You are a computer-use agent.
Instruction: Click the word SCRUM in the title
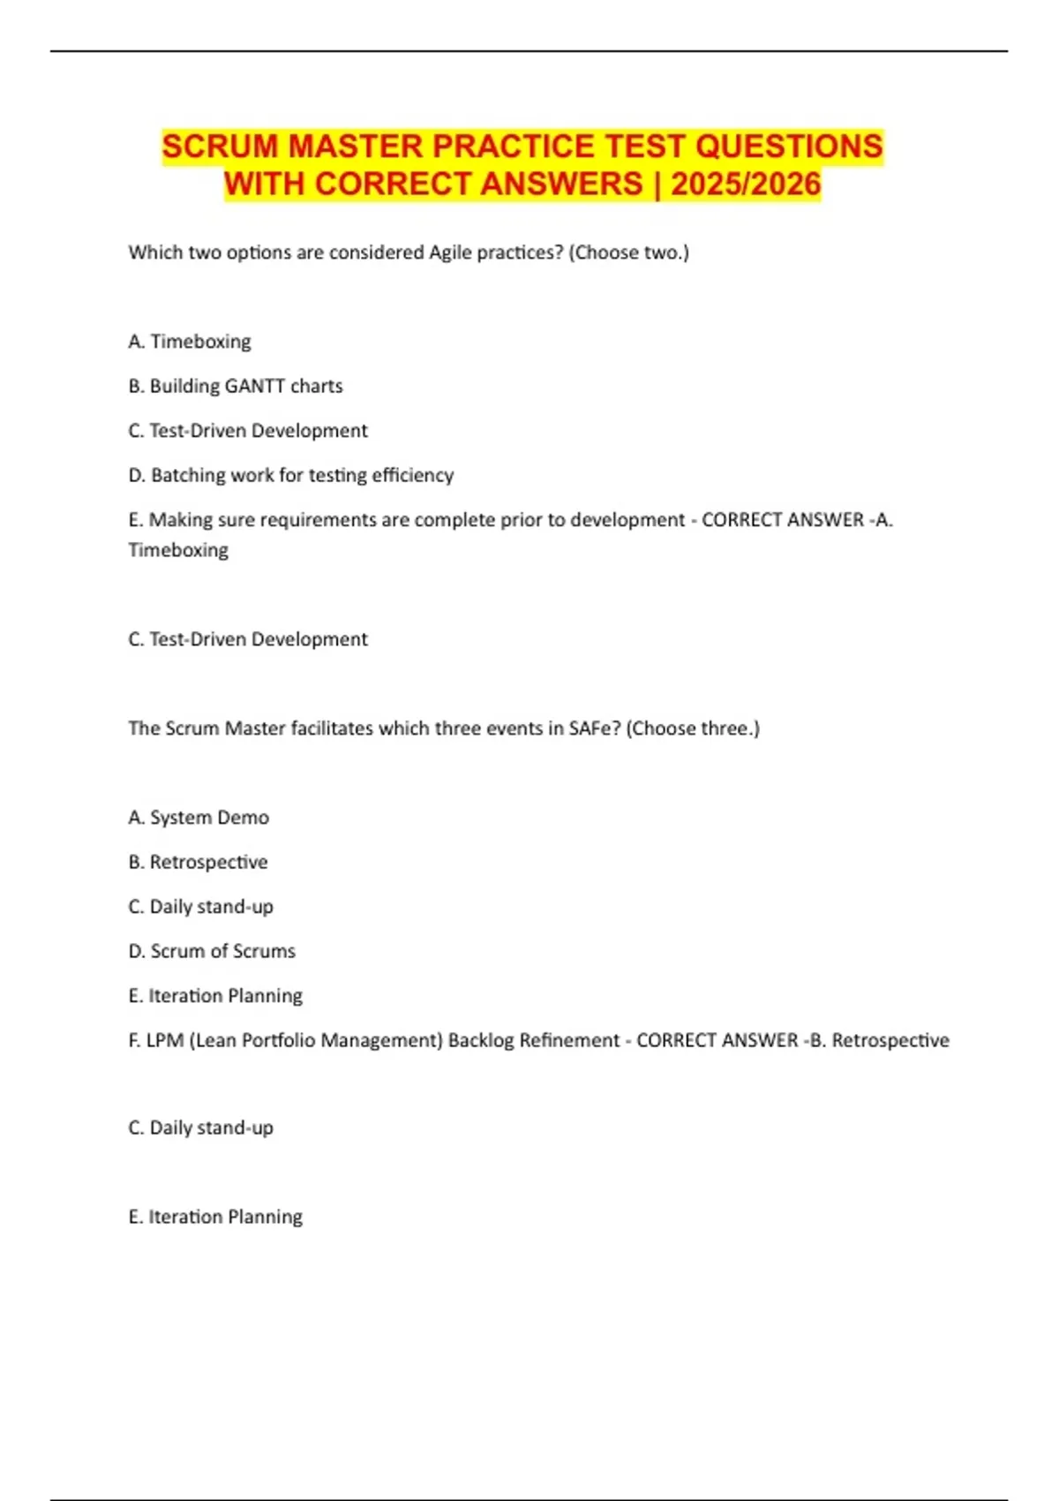pyautogui.click(x=220, y=147)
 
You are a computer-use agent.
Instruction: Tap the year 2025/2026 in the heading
pyautogui.click(x=746, y=185)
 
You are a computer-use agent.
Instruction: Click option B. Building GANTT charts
pyautogui.click(x=235, y=386)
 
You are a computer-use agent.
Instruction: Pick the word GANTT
pyautogui.click(x=254, y=386)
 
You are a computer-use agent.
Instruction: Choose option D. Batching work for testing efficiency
pyautogui.click(x=290, y=475)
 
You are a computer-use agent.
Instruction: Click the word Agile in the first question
pyautogui.click(x=450, y=253)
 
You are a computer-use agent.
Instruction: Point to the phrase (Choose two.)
pyautogui.click(x=628, y=253)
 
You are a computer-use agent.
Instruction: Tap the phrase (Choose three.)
pyautogui.click(x=693, y=728)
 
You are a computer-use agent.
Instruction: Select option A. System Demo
pyautogui.click(x=199, y=818)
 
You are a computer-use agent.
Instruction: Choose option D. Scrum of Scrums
pyautogui.click(x=212, y=951)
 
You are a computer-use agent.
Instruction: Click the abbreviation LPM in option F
pyautogui.click(x=165, y=1040)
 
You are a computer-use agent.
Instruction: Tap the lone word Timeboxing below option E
pyautogui.click(x=178, y=550)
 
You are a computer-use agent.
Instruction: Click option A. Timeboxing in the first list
pyautogui.click(x=190, y=342)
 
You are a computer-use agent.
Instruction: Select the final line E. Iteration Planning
pyautogui.click(x=215, y=1217)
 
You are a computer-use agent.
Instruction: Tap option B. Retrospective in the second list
pyautogui.click(x=198, y=862)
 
